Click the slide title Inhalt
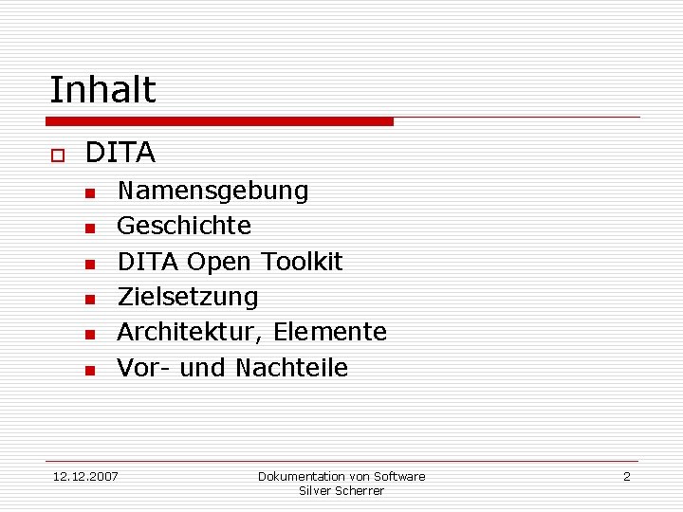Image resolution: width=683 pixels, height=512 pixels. point(102,90)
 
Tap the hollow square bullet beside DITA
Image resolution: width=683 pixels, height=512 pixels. point(57,155)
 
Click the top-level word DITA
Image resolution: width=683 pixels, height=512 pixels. point(120,153)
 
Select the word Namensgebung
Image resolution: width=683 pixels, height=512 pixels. point(212,192)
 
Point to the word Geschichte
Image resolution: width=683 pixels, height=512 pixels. point(184,226)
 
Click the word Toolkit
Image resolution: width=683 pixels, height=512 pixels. point(301,261)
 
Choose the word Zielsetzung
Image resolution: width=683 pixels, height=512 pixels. point(187,297)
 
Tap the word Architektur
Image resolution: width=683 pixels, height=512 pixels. point(190,332)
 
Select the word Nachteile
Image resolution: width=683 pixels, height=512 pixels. point(291,367)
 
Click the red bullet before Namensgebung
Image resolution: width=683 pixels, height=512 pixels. point(89,193)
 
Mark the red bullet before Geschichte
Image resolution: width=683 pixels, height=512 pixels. point(89,229)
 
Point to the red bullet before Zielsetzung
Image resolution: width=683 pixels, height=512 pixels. point(89,300)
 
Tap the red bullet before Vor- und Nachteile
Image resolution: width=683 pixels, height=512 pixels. point(89,370)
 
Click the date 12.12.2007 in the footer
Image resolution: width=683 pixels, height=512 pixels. point(85,476)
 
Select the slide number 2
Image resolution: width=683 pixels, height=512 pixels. point(626,476)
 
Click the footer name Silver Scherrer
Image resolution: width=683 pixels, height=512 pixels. point(341,490)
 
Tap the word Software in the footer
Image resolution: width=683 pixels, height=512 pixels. point(399,476)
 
